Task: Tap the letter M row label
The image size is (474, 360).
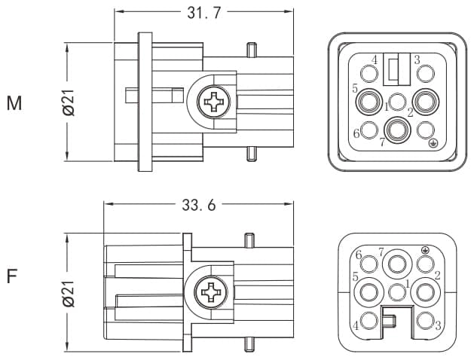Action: pos(14,104)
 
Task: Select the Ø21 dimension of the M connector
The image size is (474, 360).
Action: pos(68,102)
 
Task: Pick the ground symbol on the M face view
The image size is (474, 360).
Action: pos(433,142)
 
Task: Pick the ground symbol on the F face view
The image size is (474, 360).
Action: pos(426,250)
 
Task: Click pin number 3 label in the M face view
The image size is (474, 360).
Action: pos(417,59)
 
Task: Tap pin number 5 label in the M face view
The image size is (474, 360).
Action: pos(355,89)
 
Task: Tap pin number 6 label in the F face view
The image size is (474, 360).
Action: pos(359,254)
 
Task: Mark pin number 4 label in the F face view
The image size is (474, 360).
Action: pos(356,326)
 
